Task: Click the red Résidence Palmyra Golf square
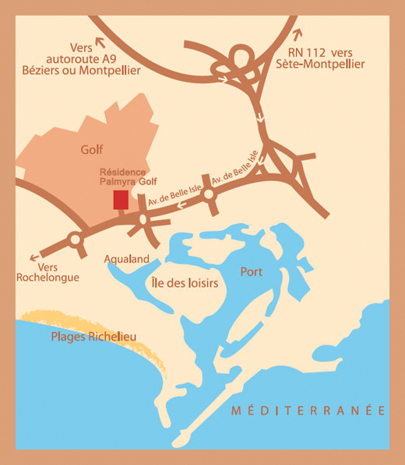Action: (121, 199)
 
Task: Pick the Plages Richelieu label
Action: (93, 337)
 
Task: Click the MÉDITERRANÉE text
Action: (308, 410)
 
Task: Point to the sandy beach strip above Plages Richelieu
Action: (93, 323)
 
